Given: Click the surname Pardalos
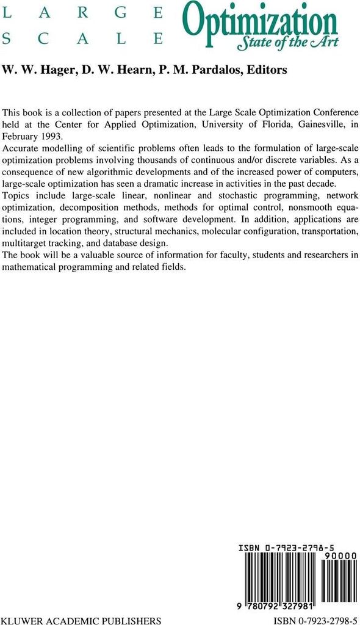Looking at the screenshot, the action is tap(221, 70).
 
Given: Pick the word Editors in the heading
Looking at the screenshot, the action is tap(265, 70).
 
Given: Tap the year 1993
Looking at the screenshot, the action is tap(51, 135).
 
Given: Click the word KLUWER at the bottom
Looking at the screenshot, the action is tap(21, 621).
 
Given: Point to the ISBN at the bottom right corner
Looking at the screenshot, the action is tap(315, 621).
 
